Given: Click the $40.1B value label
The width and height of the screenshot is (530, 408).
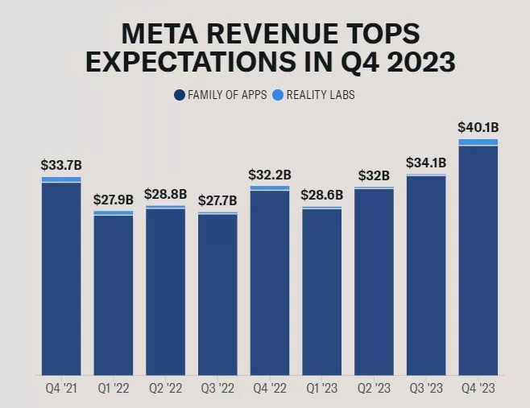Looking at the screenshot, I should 478,126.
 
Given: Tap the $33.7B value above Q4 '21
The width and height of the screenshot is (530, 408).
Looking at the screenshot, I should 61,165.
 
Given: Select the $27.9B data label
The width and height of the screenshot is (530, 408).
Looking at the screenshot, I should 114,199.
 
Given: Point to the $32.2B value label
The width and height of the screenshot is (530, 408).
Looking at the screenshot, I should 270,174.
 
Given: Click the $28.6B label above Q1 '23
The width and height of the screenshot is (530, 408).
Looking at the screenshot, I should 321,195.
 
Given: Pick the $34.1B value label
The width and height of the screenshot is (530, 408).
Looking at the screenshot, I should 426,162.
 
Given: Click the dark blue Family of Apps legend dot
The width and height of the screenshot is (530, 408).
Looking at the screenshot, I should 180,95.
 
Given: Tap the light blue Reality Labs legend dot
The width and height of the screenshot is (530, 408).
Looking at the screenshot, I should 278,95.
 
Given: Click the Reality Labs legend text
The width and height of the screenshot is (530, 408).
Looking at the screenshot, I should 320,95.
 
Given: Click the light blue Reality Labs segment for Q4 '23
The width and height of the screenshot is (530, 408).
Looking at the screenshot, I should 478,142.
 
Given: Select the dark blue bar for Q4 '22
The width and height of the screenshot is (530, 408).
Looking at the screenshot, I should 270,282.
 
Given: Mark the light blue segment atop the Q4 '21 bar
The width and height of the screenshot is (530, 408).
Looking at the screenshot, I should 61,179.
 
